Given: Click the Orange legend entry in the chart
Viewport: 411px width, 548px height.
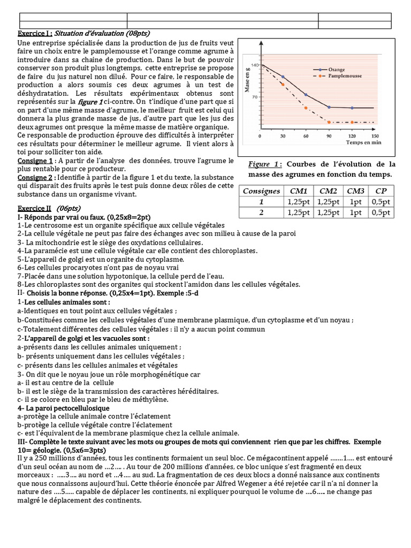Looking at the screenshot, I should click(x=336, y=70).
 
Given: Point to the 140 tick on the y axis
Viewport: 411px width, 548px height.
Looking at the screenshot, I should click(x=255, y=65).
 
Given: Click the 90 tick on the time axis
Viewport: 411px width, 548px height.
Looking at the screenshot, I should click(x=329, y=136).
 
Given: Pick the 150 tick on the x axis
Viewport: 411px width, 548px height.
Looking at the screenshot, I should click(x=375, y=136).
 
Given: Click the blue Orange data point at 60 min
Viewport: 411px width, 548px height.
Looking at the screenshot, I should click(x=306, y=95).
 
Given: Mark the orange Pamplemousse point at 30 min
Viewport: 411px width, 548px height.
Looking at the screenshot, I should click(x=283, y=83).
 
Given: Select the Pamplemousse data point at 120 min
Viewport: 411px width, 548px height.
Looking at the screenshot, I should click(x=352, y=123).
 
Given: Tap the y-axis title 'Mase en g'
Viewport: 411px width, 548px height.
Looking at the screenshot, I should click(x=247, y=81).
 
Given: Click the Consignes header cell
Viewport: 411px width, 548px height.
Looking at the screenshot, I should click(x=261, y=191).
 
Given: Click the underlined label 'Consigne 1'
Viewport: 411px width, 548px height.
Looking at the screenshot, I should click(x=35, y=161).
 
